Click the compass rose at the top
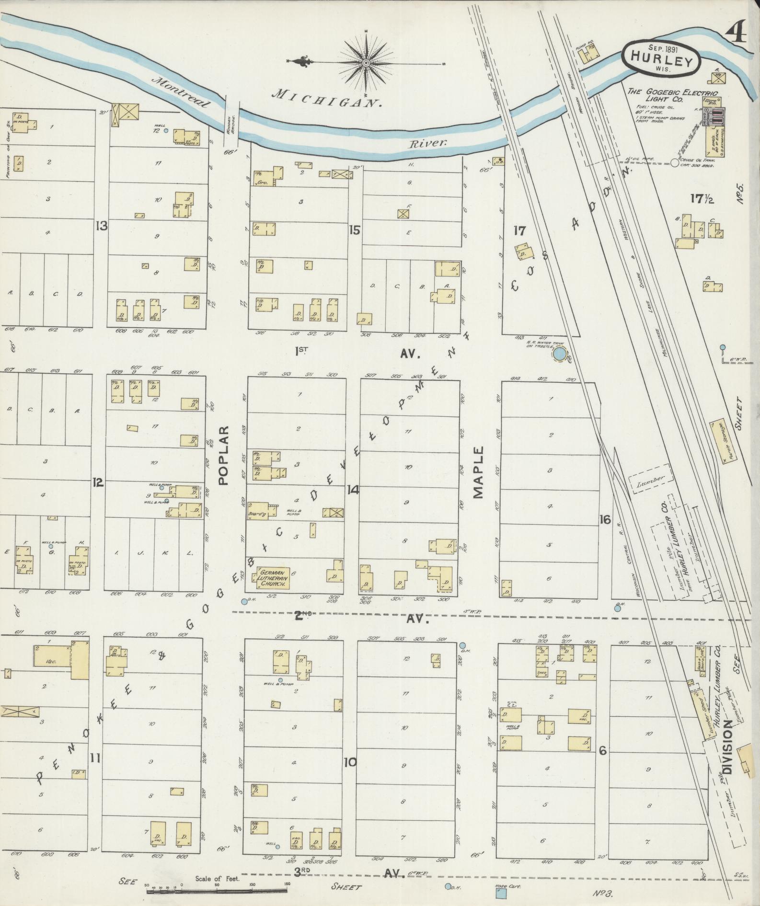(x=366, y=63)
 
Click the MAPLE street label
(x=479, y=472)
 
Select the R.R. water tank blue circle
(x=559, y=354)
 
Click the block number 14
(x=353, y=490)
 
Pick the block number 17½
(x=702, y=198)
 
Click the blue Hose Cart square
(x=501, y=893)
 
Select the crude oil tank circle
(x=675, y=163)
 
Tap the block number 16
(x=605, y=519)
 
